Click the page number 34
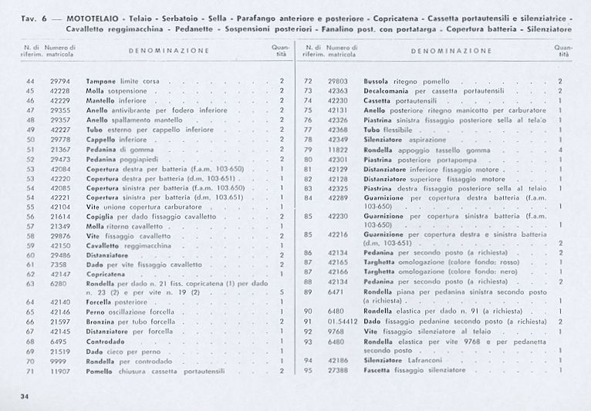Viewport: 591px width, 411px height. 25,396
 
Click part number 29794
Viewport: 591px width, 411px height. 60,81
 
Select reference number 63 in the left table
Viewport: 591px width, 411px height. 30,283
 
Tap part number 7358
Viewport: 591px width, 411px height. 59,264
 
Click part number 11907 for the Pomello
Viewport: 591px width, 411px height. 60,371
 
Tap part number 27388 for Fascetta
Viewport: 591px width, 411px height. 338,370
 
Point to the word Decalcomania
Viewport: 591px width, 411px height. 389,91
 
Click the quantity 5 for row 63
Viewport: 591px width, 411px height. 282,292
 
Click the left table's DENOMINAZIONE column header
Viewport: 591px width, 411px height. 168,51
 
